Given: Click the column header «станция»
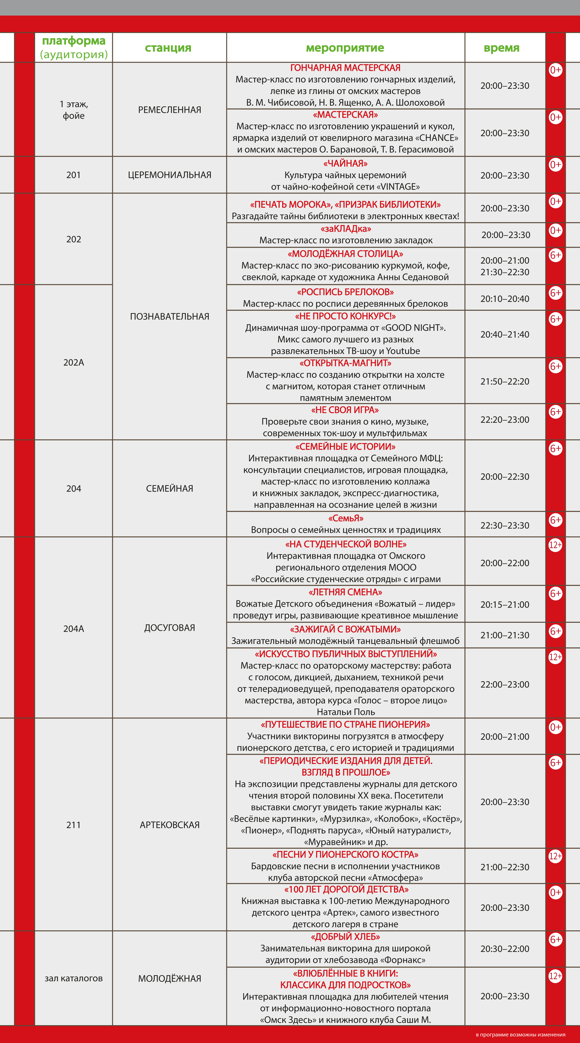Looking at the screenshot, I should pyautogui.click(x=168, y=48).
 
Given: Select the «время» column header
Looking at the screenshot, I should pyautogui.click(x=501, y=48).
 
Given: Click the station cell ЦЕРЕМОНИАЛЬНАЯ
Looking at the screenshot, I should pyautogui.click(x=170, y=175).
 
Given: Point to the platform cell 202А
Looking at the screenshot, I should pyautogui.click(x=74, y=362).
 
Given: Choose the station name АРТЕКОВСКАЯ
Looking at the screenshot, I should pyautogui.click(x=170, y=825).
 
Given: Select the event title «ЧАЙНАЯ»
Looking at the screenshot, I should pyautogui.click(x=345, y=164).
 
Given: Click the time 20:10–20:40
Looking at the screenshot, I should pyautogui.click(x=505, y=299).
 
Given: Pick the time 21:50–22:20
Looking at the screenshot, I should pyautogui.click(x=505, y=381).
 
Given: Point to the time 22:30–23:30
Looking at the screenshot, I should pyautogui.click(x=505, y=525).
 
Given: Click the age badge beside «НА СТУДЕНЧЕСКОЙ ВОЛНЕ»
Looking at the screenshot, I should pyautogui.click(x=555, y=545).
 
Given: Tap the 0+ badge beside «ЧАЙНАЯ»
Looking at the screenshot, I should pyautogui.click(x=555, y=165).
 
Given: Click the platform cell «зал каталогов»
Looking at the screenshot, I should pyautogui.click(x=74, y=978).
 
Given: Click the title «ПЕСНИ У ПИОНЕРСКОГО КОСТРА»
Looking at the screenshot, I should pyautogui.click(x=345, y=854).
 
